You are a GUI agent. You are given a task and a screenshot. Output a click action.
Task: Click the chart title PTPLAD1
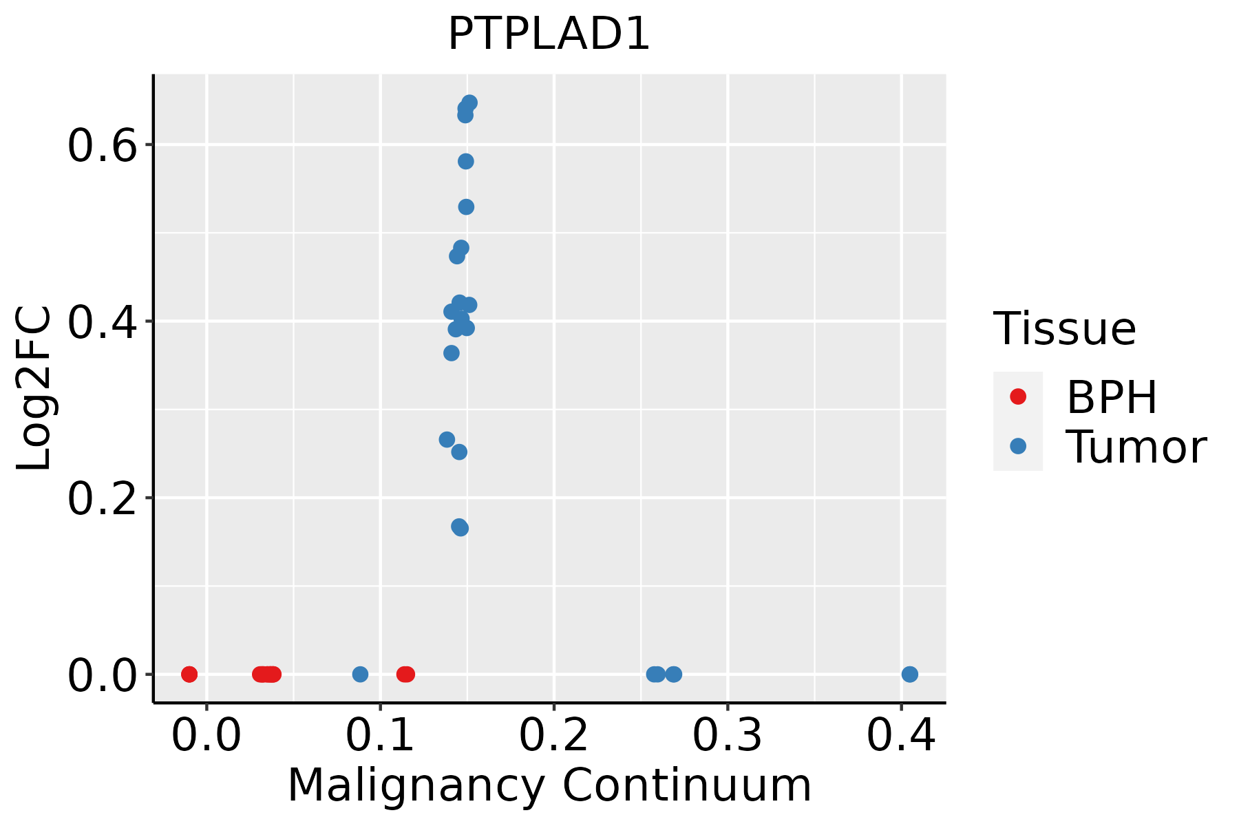(549, 34)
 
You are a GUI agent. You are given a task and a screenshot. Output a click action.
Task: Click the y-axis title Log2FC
(34, 389)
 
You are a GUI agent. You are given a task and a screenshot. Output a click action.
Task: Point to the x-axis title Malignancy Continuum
(549, 786)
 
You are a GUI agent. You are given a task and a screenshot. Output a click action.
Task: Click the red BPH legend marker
(1017, 396)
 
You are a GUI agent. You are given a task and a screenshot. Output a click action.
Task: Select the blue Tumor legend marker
(1017, 446)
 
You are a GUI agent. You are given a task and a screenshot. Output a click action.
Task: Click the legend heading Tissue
(1064, 329)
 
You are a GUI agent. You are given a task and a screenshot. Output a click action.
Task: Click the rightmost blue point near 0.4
(909, 674)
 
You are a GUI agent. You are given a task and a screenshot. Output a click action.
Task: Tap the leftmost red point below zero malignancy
(189, 674)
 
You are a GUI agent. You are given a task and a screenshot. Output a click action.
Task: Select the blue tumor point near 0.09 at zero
(360, 674)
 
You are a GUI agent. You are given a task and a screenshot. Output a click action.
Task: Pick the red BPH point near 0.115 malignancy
(406, 674)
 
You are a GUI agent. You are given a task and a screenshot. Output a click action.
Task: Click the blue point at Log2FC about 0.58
(466, 162)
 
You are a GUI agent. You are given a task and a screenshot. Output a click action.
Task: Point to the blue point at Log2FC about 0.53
(466, 207)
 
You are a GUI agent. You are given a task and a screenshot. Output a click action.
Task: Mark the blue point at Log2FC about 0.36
(452, 353)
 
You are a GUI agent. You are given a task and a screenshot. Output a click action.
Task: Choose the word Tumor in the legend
(1136, 447)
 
